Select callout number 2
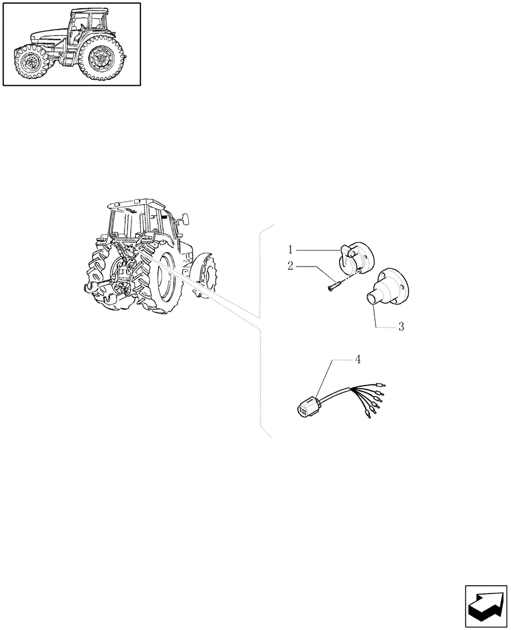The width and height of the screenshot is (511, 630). click(x=290, y=266)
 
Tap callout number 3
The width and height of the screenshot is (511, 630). click(x=401, y=327)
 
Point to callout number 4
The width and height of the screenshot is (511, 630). click(x=357, y=360)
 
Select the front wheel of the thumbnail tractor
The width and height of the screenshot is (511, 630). click(x=30, y=63)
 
